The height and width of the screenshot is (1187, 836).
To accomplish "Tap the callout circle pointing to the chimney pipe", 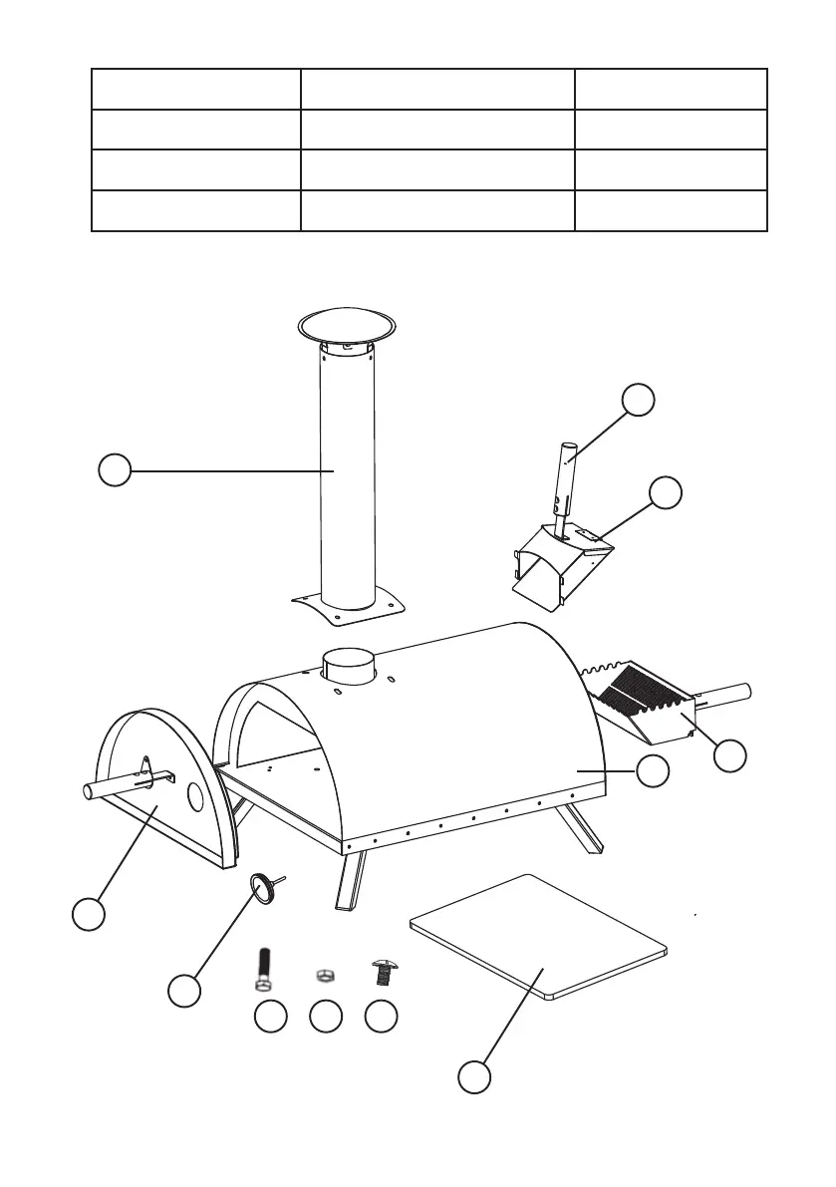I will coord(116,470).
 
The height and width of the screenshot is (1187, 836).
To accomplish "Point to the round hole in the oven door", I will coord(196,797).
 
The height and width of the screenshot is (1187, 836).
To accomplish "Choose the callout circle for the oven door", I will coord(89,915).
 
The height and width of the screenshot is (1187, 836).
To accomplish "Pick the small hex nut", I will coord(322,975).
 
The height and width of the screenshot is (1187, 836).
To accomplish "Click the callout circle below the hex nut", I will coord(322,1017).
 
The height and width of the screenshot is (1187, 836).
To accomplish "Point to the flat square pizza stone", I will coord(538,934).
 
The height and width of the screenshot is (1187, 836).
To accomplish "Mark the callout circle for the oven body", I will coord(653,770).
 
